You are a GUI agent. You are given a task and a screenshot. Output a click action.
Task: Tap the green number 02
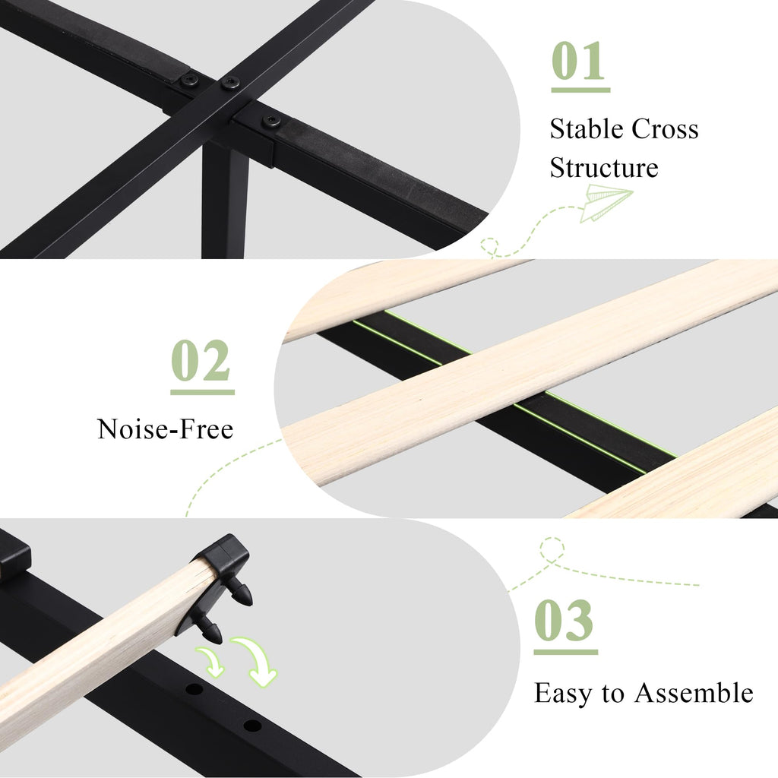[201, 360]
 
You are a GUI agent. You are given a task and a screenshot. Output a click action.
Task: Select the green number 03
[565, 620]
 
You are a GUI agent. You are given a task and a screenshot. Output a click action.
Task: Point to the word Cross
[666, 129]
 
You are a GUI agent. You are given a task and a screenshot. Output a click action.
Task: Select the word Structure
[604, 168]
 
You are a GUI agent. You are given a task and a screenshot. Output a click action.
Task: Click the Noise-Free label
[165, 429]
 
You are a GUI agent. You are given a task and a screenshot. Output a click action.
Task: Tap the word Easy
[563, 693]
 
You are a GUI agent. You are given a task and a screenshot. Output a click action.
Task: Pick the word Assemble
[694, 693]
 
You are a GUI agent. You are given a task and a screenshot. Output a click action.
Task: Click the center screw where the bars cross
[230, 83]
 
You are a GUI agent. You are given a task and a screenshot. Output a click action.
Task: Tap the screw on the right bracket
[271, 121]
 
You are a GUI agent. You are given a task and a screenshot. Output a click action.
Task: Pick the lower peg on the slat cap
[210, 630]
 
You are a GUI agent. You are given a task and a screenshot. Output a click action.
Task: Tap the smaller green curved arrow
[211, 662]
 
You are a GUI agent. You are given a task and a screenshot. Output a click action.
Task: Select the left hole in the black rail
[194, 688]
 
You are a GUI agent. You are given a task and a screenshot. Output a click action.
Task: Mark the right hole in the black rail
[252, 726]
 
